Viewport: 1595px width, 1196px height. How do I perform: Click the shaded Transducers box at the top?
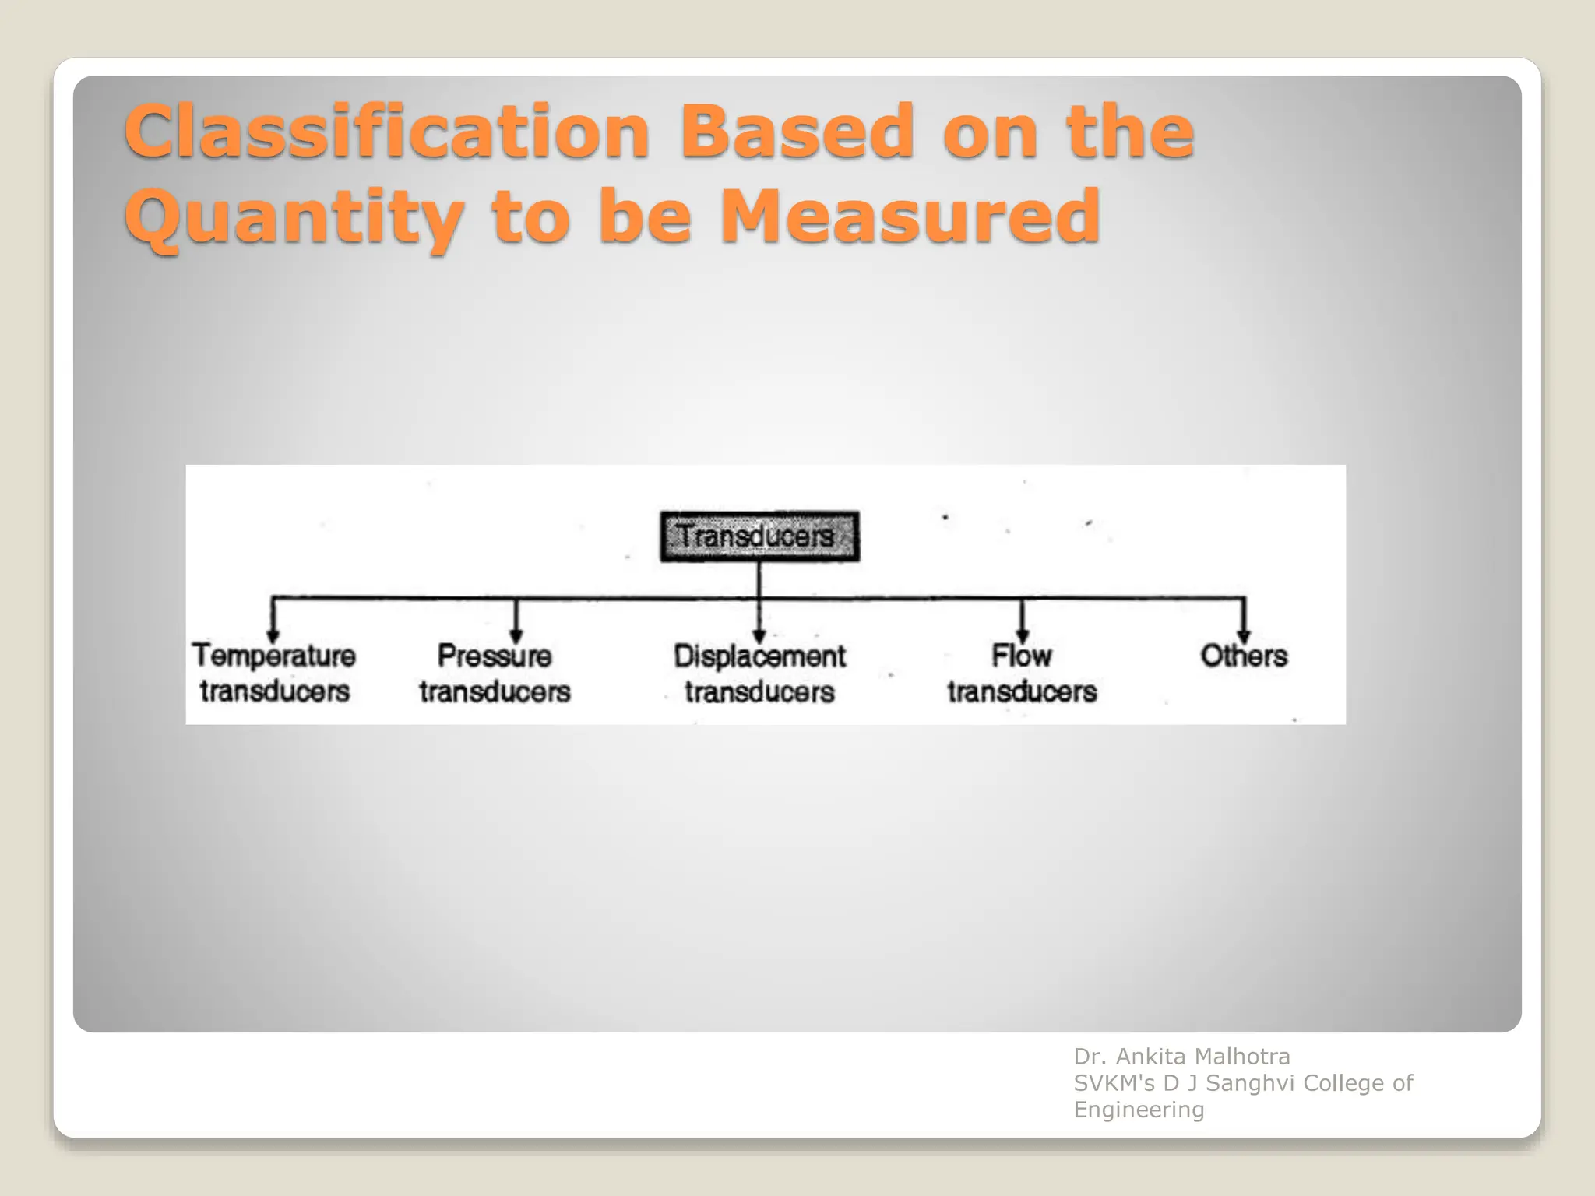(x=759, y=536)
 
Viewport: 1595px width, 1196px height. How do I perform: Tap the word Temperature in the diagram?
(x=274, y=656)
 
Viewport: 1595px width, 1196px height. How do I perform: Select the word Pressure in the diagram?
(x=495, y=656)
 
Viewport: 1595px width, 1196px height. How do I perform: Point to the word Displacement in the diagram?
(x=759, y=656)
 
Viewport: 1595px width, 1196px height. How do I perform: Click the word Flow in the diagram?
(x=1022, y=656)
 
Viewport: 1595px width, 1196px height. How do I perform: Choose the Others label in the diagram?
(x=1244, y=656)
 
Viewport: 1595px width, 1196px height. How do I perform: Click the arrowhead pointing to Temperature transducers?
(x=273, y=634)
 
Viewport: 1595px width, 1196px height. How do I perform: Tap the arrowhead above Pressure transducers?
(x=516, y=634)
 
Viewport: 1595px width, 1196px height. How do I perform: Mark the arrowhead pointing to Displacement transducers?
(x=759, y=635)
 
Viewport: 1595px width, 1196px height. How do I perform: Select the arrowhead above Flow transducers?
(x=1023, y=634)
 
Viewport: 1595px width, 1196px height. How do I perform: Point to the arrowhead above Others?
(x=1244, y=634)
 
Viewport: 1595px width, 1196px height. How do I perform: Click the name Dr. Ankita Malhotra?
(x=1181, y=1057)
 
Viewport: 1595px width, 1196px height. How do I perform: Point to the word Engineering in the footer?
(x=1139, y=1110)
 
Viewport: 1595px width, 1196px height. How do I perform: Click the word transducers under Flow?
(x=1022, y=691)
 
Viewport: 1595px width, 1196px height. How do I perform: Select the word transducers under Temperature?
(x=275, y=691)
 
